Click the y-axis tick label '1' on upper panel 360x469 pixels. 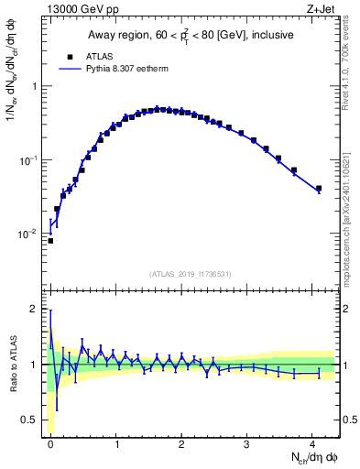[x=35, y=86]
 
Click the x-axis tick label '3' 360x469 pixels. [x=247, y=444]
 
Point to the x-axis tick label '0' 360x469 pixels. [x=51, y=444]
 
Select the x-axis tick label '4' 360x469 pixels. [x=312, y=444]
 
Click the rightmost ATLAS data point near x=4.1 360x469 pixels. [x=318, y=189]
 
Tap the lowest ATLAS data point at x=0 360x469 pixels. [x=50, y=241]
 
